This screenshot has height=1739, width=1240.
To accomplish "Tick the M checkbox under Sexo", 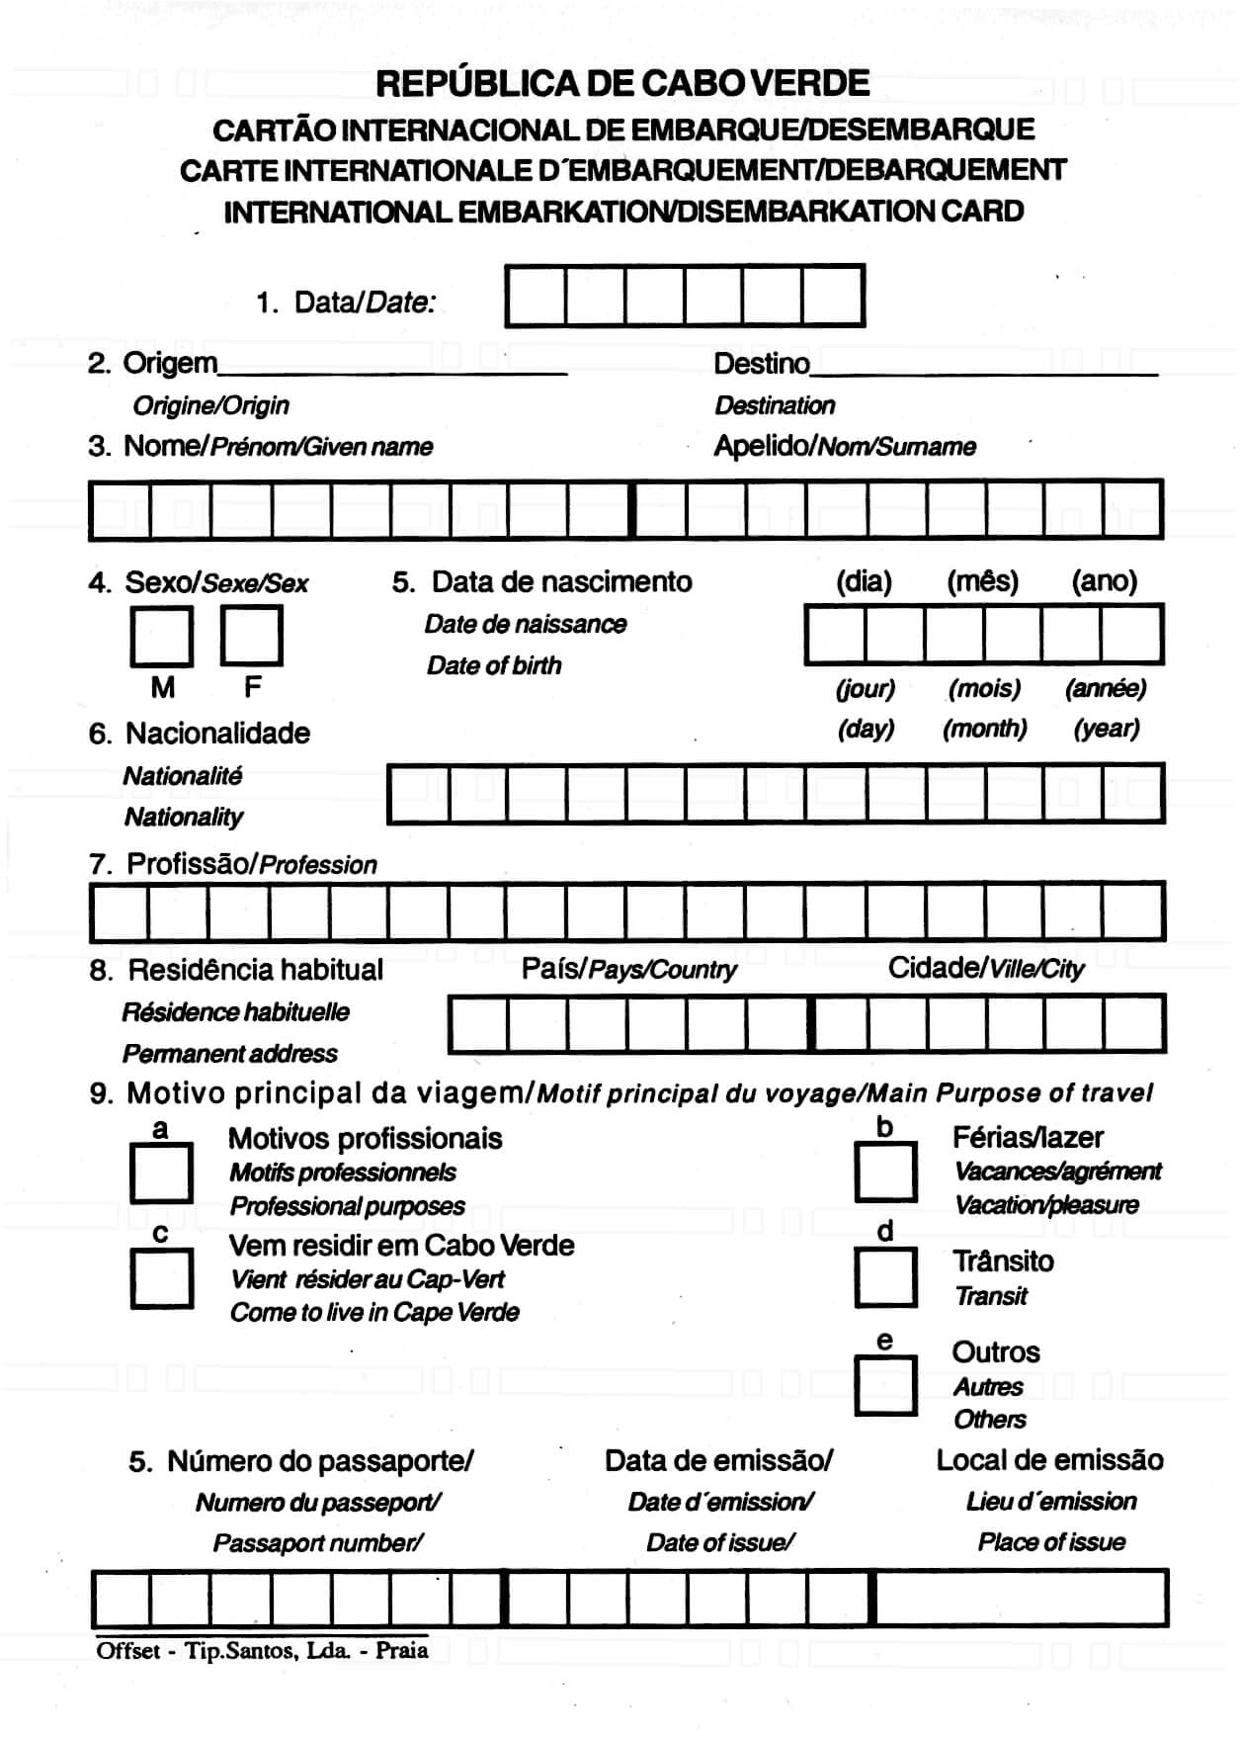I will pos(161,637).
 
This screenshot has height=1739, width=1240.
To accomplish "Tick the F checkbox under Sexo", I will pos(251,636).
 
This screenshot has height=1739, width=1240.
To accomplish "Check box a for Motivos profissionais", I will pos(161,1173).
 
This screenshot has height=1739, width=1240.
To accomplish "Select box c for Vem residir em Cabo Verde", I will pos(161,1278).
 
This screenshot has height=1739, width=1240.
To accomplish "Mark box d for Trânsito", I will pos(885,1276).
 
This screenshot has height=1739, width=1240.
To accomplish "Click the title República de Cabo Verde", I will pos(622,83).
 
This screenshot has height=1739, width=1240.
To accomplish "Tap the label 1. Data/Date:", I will pos(346,303).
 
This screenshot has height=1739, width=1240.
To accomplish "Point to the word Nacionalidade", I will pos(217,734).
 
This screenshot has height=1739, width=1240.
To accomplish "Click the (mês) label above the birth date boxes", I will pos(982,581).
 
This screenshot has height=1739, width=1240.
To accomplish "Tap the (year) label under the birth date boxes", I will pos(1107,729).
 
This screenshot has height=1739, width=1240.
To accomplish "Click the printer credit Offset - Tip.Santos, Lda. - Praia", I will pos(263,1650).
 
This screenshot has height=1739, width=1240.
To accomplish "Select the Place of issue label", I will pos(1051,1542).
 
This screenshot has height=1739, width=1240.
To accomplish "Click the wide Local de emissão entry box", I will pos(1021,1598).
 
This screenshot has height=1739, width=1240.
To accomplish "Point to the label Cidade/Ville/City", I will pos(985,969).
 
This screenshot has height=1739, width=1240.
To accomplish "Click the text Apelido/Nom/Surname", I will pos(845,447).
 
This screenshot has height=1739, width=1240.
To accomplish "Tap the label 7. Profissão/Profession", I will pos(233,864).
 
